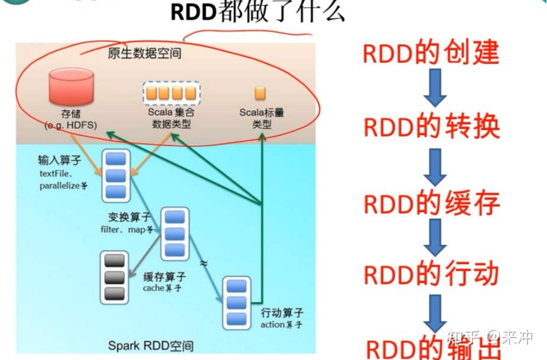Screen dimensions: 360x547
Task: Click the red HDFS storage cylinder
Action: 71,87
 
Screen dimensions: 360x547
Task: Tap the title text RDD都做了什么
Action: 258,12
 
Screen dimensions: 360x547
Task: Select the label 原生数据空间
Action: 145,54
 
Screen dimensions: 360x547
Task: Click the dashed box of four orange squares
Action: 171,93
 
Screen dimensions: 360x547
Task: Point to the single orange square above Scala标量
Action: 260,93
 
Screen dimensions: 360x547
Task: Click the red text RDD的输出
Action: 430,349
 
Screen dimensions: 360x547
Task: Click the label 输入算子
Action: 57,161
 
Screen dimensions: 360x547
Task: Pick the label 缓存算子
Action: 164,277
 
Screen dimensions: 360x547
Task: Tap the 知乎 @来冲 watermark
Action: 490,338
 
